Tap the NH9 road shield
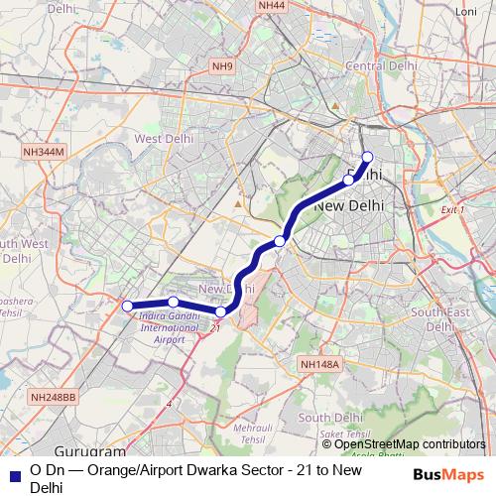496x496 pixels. pyautogui.click(x=222, y=66)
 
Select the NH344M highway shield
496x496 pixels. pyautogui.click(x=44, y=152)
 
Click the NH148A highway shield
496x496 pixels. pyautogui.click(x=320, y=365)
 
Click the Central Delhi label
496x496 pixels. pyautogui.click(x=373, y=66)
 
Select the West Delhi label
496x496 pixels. pyautogui.click(x=163, y=139)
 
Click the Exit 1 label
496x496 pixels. pyautogui.click(x=452, y=210)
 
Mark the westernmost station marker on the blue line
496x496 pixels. pyautogui.click(x=127, y=306)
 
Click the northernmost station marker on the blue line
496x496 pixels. pyautogui.click(x=367, y=157)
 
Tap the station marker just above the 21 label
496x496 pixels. pyautogui.click(x=220, y=312)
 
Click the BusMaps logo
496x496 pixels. pyautogui.click(x=448, y=475)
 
